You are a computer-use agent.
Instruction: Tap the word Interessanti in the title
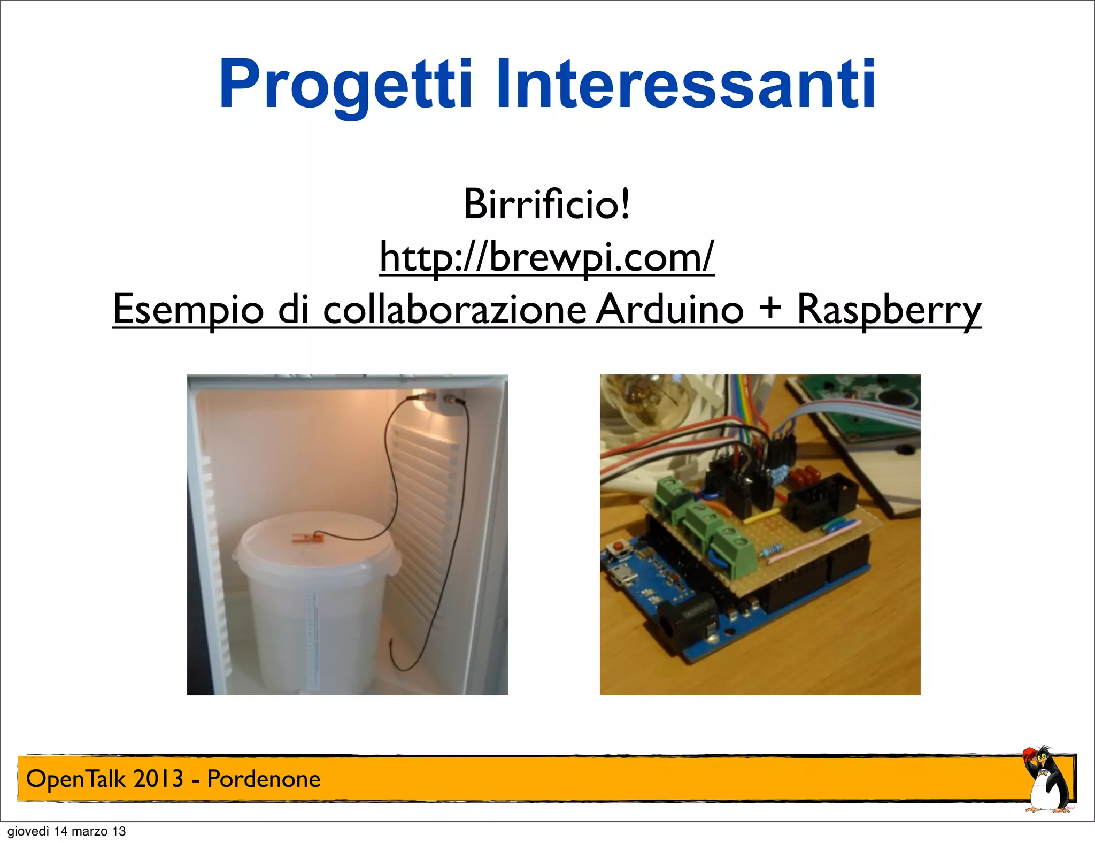coord(686,85)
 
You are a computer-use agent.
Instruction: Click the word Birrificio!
coord(546,204)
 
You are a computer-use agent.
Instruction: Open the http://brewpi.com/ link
coord(546,257)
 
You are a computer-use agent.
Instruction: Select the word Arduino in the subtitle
coord(669,309)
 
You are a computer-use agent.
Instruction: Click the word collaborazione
coord(454,309)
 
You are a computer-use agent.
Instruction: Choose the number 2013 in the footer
coord(158,779)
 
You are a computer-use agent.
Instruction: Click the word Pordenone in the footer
coord(264,779)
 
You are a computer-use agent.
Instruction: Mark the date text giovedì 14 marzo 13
coord(67,831)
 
